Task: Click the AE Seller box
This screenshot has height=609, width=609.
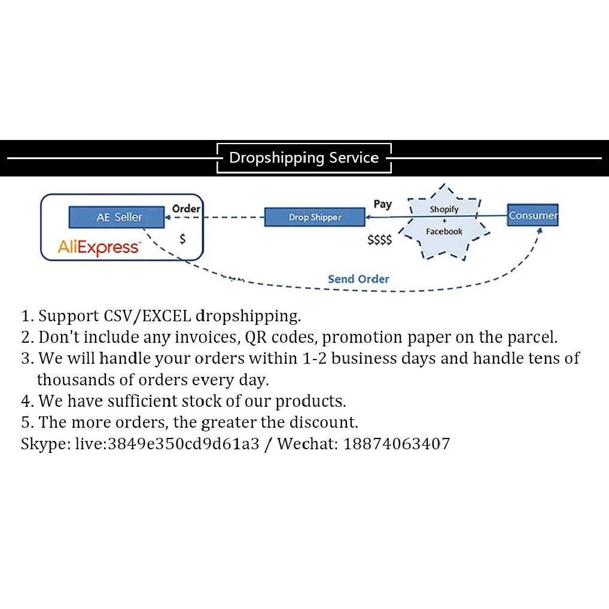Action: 117,217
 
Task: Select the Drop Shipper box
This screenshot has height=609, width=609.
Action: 315,217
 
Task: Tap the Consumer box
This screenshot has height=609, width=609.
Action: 532,215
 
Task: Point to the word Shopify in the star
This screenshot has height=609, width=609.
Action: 444,209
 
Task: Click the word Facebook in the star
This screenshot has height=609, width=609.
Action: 444,232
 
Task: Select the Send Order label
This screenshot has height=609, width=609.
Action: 358,279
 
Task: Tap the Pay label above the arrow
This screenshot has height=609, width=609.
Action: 382,204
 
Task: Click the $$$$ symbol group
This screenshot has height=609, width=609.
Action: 379,240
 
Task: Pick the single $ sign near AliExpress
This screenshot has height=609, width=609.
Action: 182,239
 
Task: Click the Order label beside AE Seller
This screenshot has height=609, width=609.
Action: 186,209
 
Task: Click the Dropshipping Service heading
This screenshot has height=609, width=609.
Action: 304,158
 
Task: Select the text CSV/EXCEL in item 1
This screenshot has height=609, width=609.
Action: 148,316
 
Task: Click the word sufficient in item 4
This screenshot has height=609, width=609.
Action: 142,401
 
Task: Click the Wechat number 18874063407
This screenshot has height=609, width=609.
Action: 397,444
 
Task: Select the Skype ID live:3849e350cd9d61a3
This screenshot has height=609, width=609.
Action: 167,444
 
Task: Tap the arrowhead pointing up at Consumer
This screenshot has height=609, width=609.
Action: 540,231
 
